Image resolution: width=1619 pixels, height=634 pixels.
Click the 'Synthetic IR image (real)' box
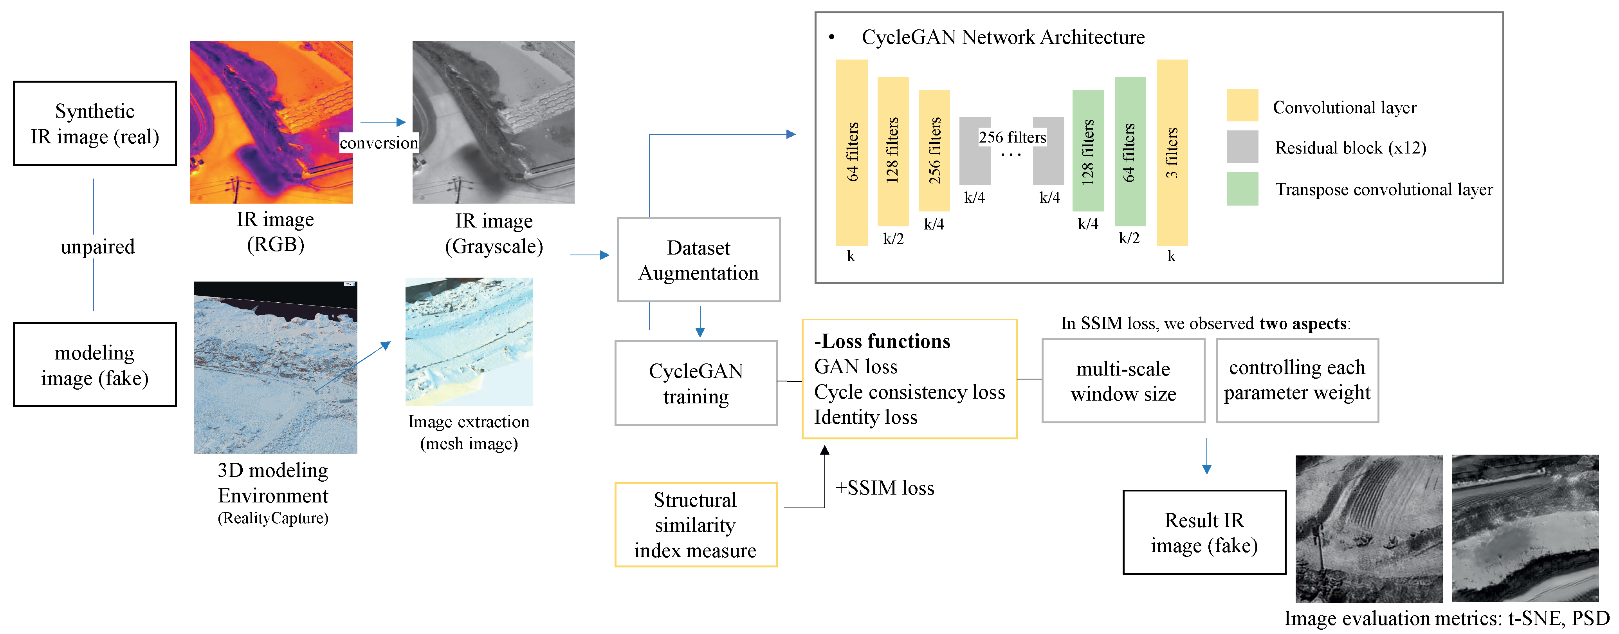[95, 123]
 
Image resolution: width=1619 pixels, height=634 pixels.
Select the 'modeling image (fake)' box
[95, 365]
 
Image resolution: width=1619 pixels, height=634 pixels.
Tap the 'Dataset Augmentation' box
[698, 260]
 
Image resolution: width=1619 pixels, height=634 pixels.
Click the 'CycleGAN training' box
[696, 383]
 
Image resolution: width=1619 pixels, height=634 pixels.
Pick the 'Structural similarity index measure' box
[695, 525]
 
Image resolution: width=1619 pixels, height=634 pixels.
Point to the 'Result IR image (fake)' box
[1204, 532]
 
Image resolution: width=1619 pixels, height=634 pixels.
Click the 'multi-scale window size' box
[1123, 381]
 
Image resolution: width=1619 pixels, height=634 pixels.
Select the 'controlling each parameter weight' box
[1296, 380]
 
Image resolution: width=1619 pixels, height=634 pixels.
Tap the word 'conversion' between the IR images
[379, 143]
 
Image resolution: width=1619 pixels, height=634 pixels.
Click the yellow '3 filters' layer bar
[1172, 152]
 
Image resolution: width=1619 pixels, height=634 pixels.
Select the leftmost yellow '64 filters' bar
[852, 152]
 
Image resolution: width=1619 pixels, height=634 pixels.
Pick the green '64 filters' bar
[1129, 152]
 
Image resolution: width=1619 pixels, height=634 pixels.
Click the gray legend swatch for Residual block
[1242, 147]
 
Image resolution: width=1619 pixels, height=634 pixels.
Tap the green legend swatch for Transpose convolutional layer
[1242, 189]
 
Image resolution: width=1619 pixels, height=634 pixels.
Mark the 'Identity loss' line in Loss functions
[865, 417]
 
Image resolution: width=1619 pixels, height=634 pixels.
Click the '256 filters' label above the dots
[1012, 137]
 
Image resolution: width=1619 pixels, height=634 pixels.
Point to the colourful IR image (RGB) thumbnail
[272, 122]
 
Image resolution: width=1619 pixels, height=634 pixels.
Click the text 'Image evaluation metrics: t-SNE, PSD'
[1446, 619]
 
